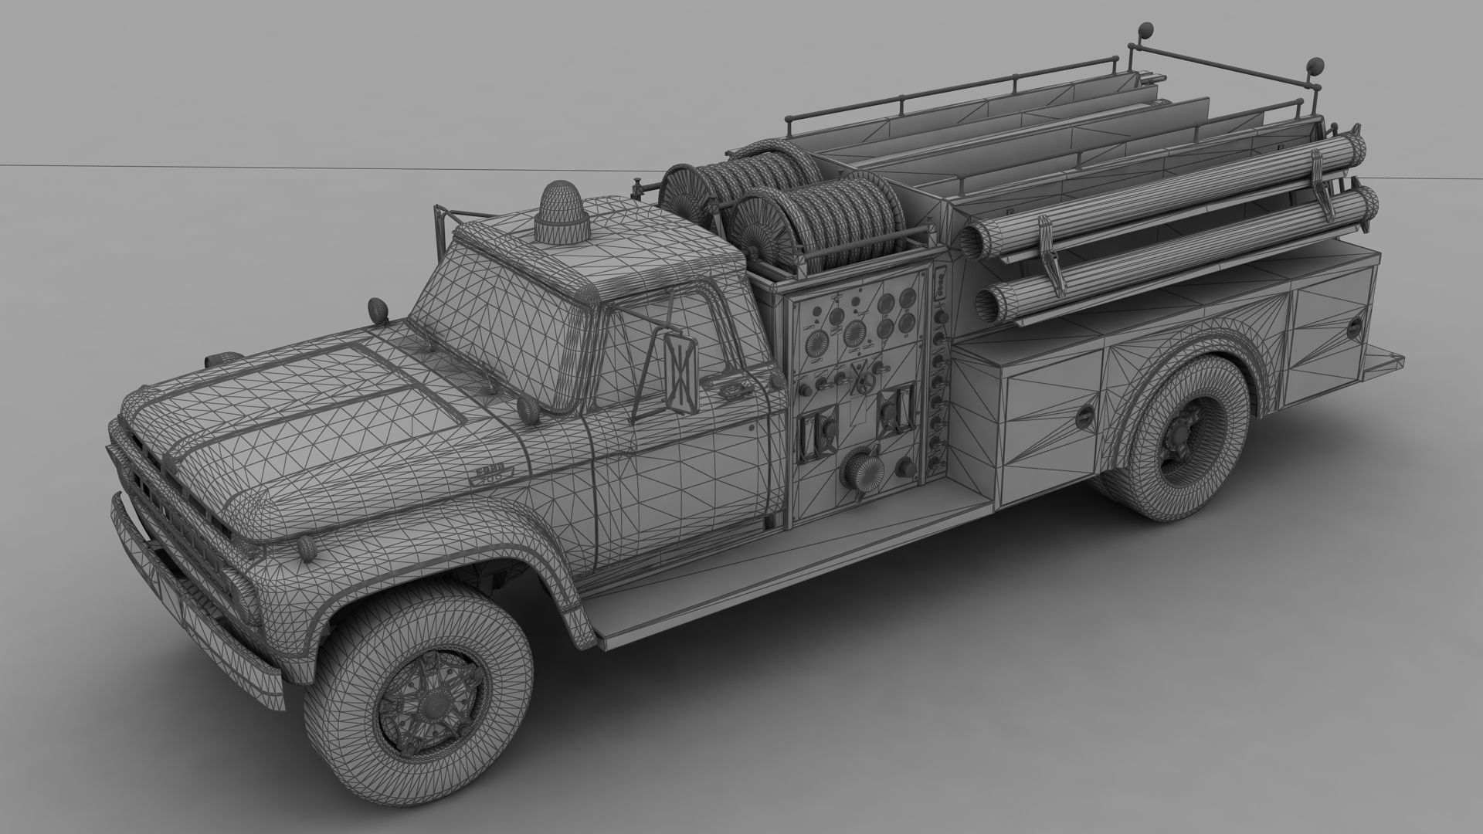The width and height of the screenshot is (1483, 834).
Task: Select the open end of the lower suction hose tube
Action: [x=990, y=303]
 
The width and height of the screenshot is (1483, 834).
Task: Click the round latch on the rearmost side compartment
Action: [x=1354, y=327]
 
